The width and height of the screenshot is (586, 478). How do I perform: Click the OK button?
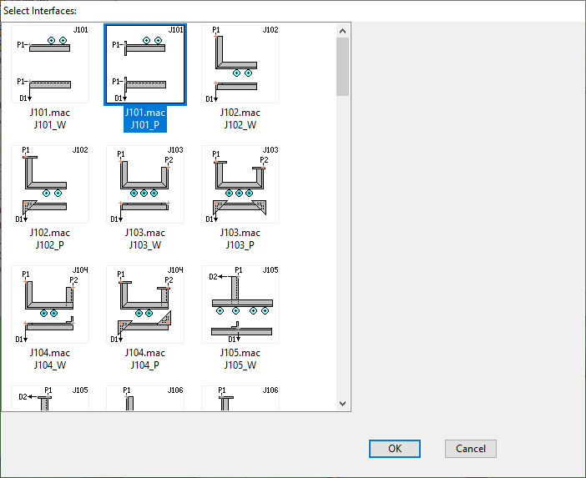tap(395, 449)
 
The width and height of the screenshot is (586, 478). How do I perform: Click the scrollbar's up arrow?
tap(343, 31)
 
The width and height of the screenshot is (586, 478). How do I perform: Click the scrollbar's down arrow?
tap(343, 403)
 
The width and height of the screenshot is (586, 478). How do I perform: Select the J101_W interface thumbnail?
tap(50, 64)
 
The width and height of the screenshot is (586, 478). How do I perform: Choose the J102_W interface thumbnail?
tap(240, 64)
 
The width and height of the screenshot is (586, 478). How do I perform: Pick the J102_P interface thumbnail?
tap(50, 184)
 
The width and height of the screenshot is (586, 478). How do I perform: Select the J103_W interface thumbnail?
tap(145, 184)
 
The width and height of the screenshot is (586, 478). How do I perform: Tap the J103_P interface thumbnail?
tap(240, 184)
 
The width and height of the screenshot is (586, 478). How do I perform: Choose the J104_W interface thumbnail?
tap(50, 304)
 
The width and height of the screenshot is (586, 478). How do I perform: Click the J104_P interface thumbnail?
tap(145, 304)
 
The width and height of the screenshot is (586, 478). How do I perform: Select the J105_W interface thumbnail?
tap(240, 304)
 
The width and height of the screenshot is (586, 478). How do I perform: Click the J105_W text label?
tap(240, 365)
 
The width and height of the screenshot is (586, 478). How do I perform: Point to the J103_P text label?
tap(240, 245)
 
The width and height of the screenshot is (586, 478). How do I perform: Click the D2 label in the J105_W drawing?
tap(213, 277)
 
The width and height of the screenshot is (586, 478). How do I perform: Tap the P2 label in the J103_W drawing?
tap(169, 160)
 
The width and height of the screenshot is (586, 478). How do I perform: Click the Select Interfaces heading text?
tap(40, 11)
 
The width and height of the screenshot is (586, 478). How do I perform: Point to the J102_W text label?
tap(240, 125)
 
